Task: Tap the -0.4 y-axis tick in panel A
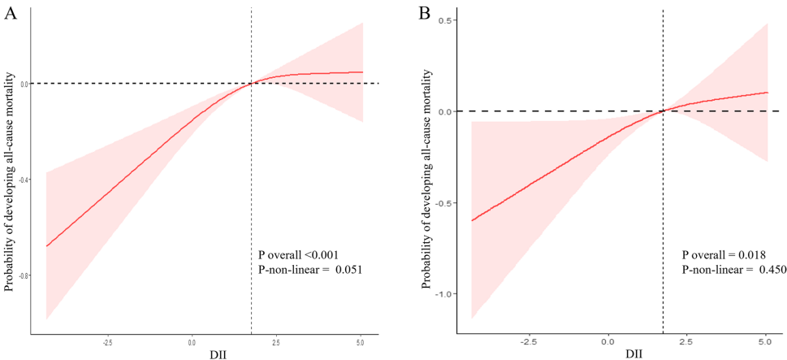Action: (x=24, y=180)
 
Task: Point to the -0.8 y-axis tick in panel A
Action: (x=24, y=275)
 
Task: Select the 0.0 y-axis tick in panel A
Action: (x=25, y=84)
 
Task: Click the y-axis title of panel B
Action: (x=426, y=180)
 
